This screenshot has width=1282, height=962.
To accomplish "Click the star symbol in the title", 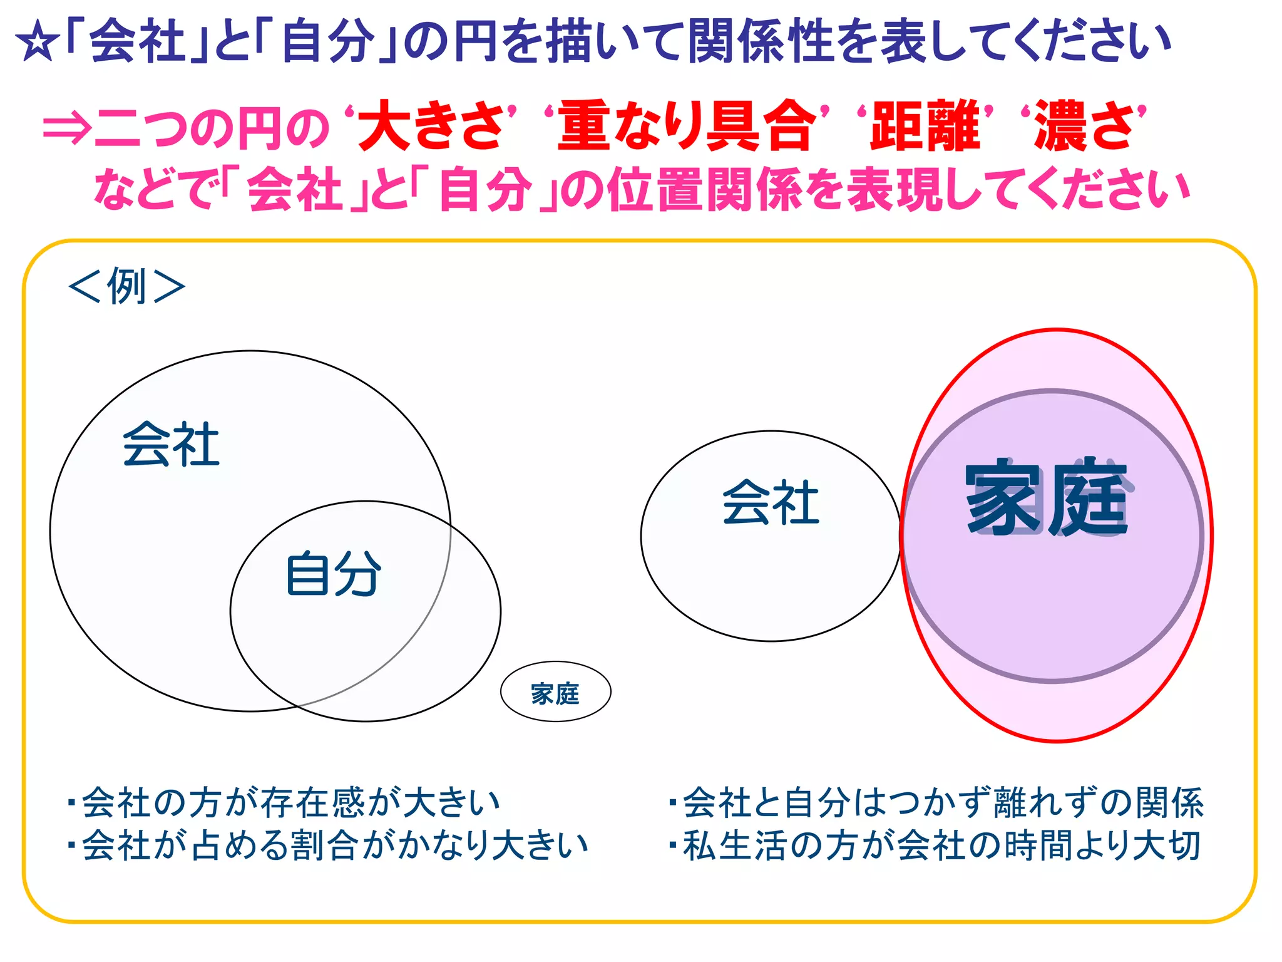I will (x=37, y=44).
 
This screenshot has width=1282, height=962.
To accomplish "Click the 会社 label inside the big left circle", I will (x=171, y=445).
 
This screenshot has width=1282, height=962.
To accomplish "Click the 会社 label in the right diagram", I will (x=771, y=502).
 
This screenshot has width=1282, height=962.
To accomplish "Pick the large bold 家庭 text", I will (x=1047, y=498).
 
